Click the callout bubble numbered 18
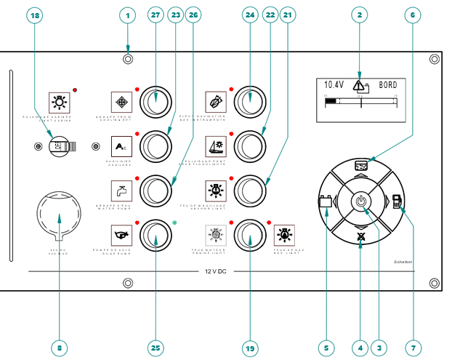click(35, 15)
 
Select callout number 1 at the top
click(127, 15)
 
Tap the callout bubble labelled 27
click(154, 15)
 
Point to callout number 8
click(60, 348)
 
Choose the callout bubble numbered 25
click(155, 348)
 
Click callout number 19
click(251, 348)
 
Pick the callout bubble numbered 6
click(412, 15)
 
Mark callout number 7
click(413, 348)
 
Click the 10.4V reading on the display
click(334, 85)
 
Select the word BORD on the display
click(389, 85)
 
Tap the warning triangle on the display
click(360, 85)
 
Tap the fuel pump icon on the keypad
click(397, 201)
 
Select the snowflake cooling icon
click(121, 100)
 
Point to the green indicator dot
click(175, 223)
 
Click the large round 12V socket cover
click(59, 215)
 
